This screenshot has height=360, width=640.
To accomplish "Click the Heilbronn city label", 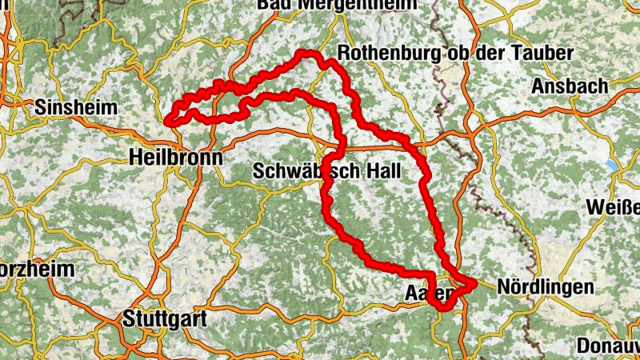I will [x=175, y=158].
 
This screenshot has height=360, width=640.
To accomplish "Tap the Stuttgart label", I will [x=165, y=318].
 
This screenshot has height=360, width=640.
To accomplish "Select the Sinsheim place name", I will [x=77, y=107].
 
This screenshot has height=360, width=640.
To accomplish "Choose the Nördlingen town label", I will [x=545, y=286].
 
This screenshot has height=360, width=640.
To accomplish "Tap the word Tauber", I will [x=545, y=54].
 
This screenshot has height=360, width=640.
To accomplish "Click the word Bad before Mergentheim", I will [x=274, y=5].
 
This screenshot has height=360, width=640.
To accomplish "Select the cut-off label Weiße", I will [x=614, y=206].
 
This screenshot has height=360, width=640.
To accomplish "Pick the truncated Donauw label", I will [x=608, y=346].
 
